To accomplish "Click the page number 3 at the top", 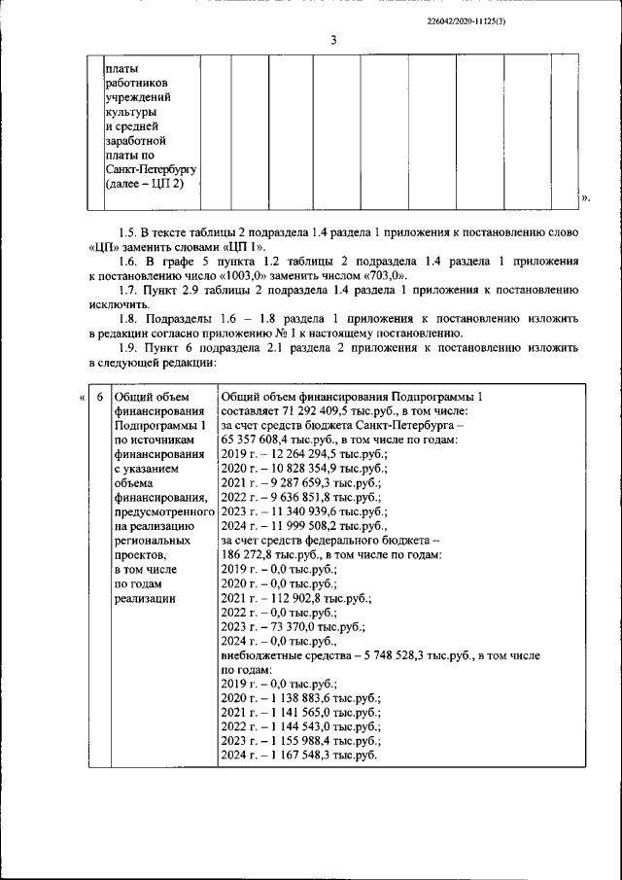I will pyautogui.click(x=332, y=40).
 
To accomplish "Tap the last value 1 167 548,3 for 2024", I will pyautogui.click(x=308, y=756).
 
